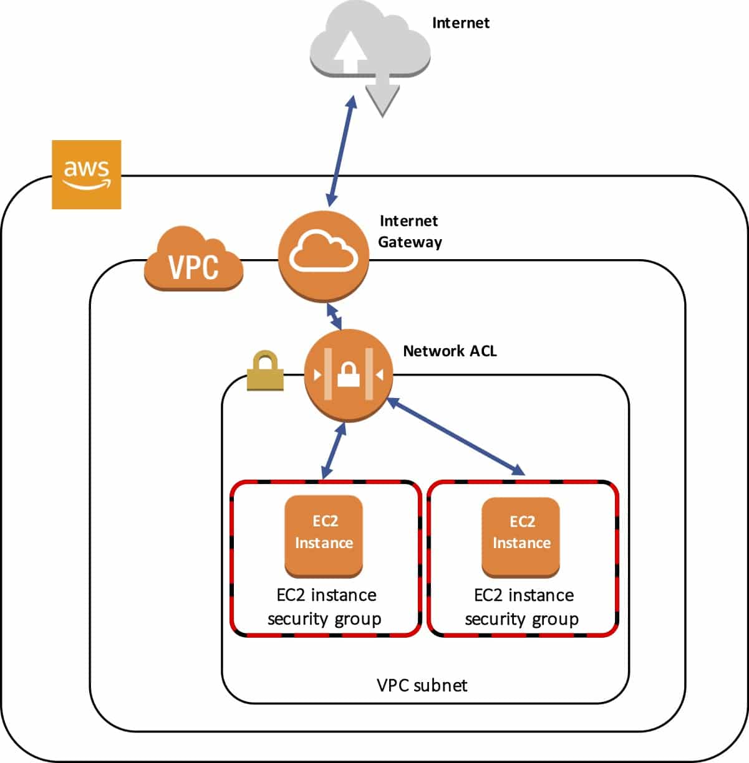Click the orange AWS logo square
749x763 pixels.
click(x=86, y=174)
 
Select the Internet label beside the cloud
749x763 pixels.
click(x=460, y=23)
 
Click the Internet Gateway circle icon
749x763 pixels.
click(x=323, y=257)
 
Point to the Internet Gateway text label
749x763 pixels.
click(x=409, y=231)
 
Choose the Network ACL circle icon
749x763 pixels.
click(x=347, y=376)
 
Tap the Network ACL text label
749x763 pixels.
click(x=450, y=351)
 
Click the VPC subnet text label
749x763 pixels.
click(x=422, y=685)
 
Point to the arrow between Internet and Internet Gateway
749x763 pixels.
click(x=342, y=151)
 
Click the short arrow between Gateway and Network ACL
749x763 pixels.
click(x=335, y=316)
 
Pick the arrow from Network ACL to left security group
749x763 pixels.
click(x=332, y=452)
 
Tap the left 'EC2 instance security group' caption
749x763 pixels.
click(x=325, y=607)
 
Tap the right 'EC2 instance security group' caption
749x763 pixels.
click(x=523, y=607)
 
